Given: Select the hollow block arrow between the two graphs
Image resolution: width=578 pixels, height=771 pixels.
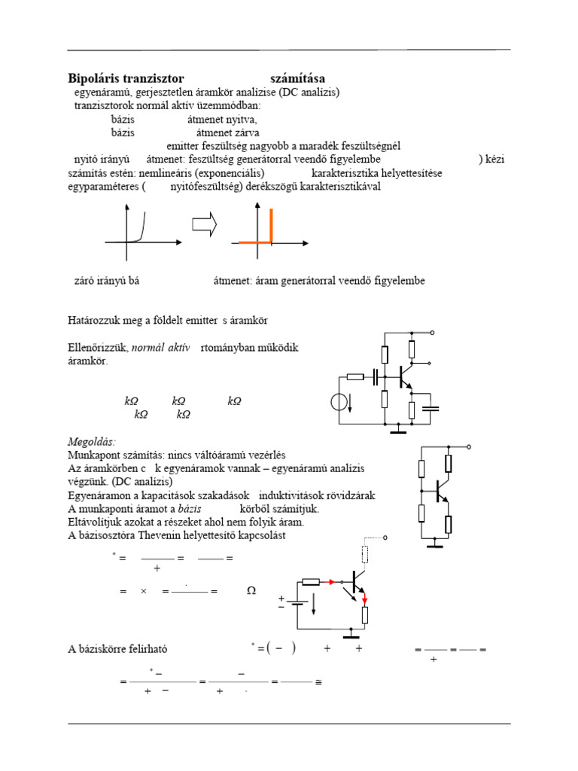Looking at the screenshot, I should point(204,224).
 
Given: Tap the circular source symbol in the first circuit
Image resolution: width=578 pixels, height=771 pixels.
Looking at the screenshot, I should point(339,402).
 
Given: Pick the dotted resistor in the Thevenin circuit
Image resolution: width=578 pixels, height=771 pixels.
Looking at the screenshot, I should point(366,555).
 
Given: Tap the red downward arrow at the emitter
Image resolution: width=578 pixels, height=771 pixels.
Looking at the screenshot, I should point(366,599).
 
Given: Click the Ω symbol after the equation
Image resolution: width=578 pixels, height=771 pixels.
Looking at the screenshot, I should point(251,592).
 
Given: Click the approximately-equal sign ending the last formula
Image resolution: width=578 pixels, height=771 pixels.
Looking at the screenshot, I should point(318,681).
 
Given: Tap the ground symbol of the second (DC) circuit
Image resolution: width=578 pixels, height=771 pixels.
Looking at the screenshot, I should point(435,544).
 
